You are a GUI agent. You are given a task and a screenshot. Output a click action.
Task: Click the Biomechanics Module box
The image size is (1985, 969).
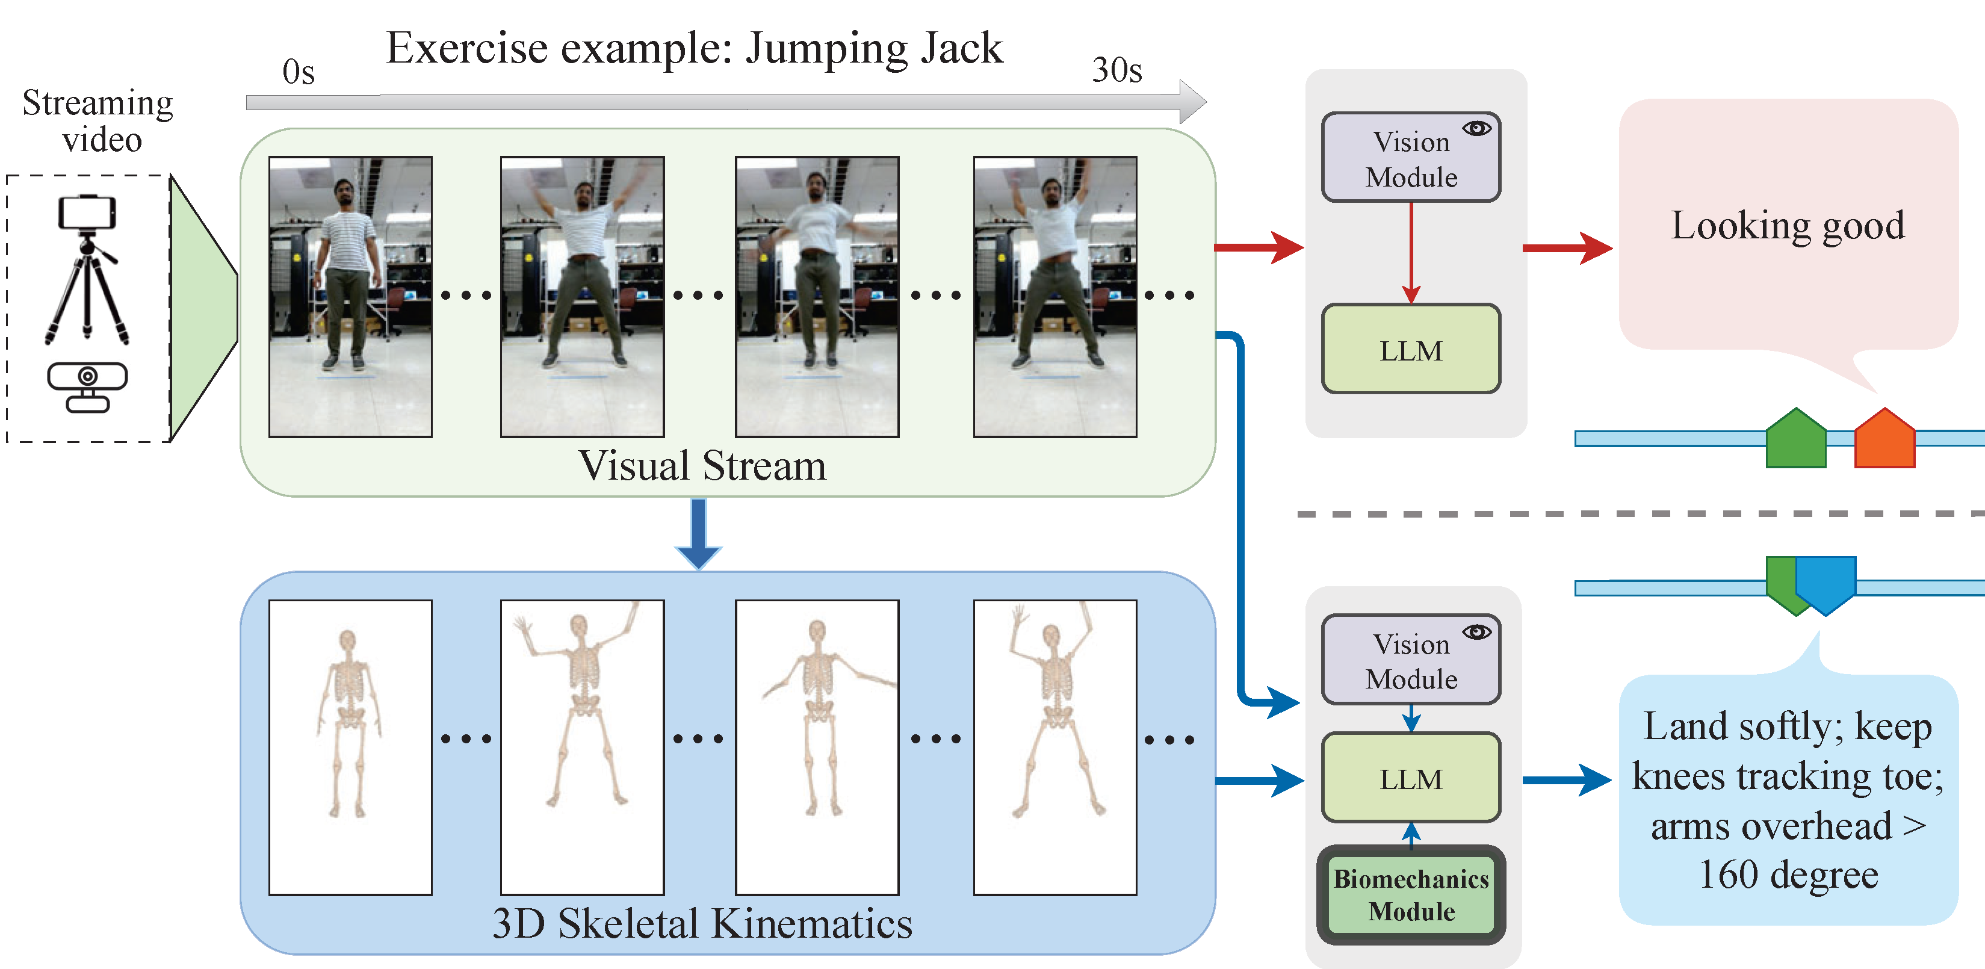point(1411,895)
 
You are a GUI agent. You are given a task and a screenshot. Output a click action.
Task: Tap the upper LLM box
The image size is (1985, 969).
point(1411,350)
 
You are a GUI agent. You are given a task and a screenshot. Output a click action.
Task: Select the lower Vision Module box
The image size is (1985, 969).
point(1411,660)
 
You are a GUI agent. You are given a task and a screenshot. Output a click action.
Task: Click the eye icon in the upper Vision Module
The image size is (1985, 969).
point(1476,129)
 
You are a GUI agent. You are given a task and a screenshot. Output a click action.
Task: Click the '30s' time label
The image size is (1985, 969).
point(1116,70)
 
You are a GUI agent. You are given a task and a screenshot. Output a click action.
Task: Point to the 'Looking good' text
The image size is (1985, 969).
point(1788,226)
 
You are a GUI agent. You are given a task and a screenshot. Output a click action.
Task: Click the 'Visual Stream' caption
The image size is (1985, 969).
point(702,466)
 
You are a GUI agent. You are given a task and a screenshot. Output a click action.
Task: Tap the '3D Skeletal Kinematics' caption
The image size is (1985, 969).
point(702,923)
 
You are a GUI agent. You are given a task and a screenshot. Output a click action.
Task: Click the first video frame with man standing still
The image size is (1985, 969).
point(351,297)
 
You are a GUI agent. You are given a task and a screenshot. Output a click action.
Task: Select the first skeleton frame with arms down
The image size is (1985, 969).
point(351,747)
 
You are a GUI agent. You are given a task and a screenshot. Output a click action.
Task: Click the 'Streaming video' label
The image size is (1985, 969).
point(99,122)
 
